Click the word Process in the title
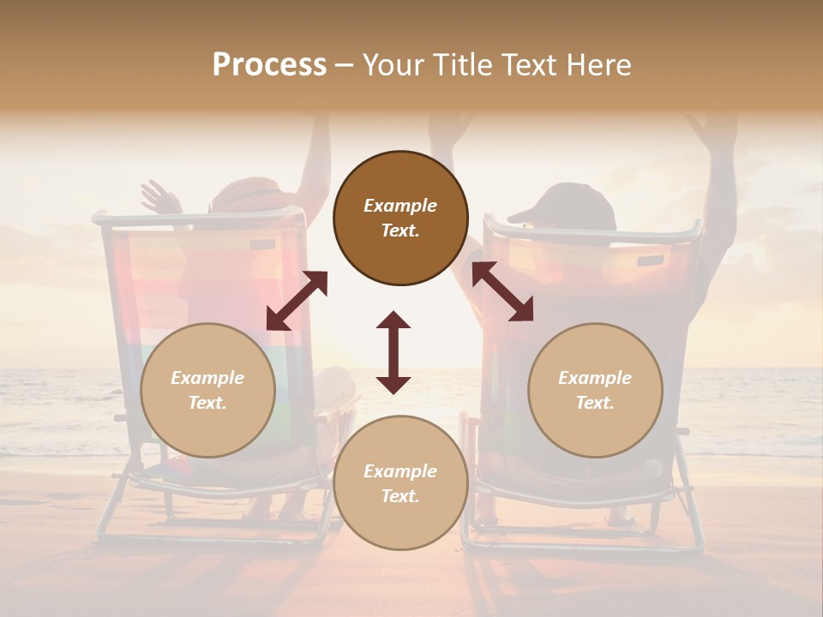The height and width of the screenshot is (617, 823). pyautogui.click(x=269, y=65)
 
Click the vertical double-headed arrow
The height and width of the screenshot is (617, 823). pyautogui.click(x=393, y=352)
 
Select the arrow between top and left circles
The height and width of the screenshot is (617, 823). pyautogui.click(x=297, y=300)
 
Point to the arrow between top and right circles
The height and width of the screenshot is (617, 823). pyautogui.click(x=502, y=291)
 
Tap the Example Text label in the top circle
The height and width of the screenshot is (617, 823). pyautogui.click(x=400, y=218)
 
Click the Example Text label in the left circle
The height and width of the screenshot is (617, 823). pyautogui.click(x=207, y=390)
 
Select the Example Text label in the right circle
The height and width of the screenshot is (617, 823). pyautogui.click(x=595, y=390)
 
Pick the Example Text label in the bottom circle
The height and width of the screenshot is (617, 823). pyautogui.click(x=400, y=483)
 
